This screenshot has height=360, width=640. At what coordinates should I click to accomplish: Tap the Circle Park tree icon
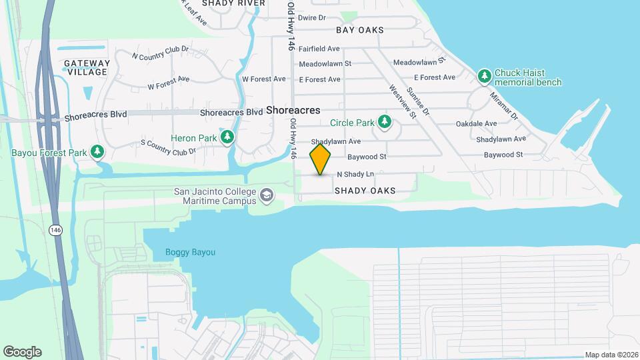384,122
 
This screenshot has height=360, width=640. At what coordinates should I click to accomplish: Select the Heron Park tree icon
228,137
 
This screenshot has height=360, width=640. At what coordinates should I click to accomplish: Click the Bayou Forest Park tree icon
98,152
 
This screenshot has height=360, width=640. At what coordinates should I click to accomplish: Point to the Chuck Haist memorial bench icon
485,77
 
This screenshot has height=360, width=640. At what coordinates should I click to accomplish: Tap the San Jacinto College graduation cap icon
267,195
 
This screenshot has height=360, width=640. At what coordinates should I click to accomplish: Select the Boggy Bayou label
190,252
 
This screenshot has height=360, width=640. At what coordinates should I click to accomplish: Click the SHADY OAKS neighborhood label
365,191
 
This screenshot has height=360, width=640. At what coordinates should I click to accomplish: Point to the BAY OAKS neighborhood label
360,30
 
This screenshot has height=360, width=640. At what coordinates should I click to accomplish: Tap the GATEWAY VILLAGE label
87,67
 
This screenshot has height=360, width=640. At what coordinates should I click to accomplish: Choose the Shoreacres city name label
293,111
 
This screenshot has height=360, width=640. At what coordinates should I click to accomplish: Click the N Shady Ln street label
355,174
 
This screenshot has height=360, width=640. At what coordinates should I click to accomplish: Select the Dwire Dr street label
311,18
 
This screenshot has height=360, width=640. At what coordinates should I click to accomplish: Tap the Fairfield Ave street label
319,49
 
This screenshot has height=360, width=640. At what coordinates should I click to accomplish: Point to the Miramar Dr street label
504,105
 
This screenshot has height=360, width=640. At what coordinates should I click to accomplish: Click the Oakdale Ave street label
476,124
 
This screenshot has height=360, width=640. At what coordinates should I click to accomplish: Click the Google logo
22,352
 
